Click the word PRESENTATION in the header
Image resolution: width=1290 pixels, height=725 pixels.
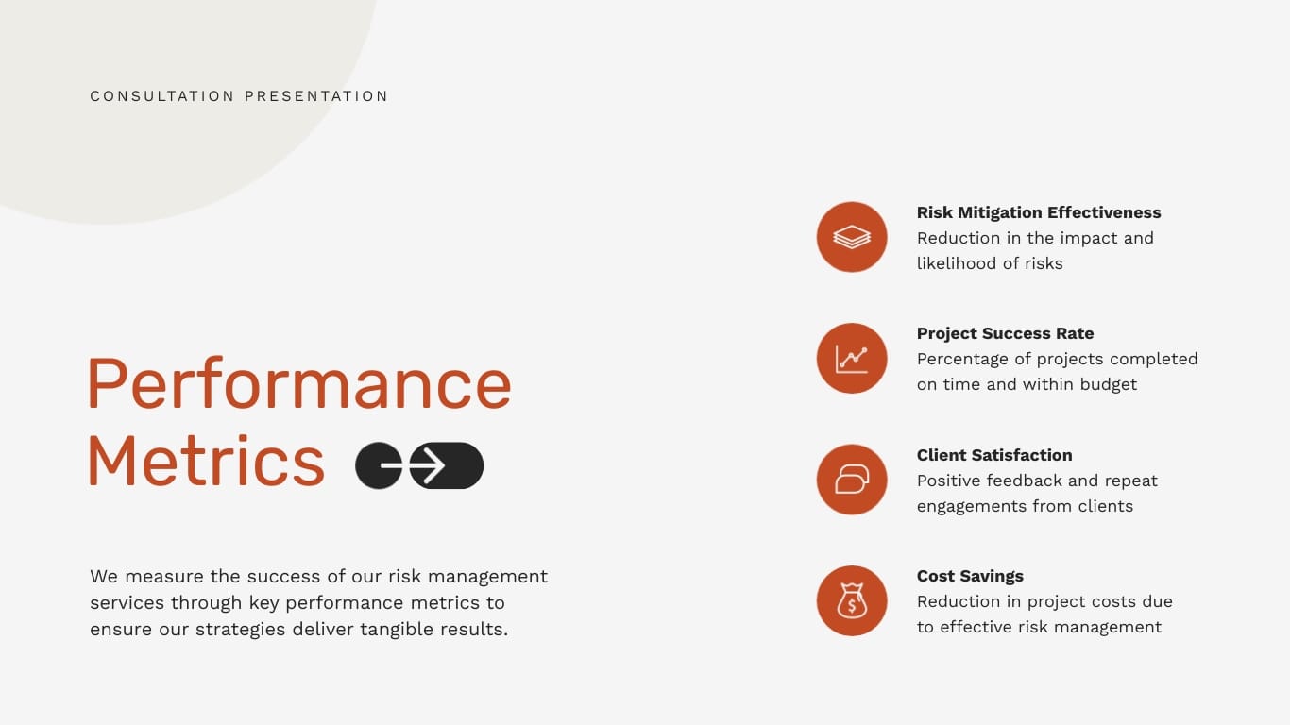(316, 96)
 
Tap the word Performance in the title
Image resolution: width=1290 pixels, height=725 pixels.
(298, 383)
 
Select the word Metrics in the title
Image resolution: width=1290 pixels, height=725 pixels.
(206, 461)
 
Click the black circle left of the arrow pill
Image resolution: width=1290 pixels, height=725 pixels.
(378, 465)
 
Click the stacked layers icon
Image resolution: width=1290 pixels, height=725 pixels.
(852, 237)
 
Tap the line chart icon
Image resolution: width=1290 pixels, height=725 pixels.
(852, 359)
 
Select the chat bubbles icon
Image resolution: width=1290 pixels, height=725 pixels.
(852, 480)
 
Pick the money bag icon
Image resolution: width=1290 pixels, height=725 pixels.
(852, 600)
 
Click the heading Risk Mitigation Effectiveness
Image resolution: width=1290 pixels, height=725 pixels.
(1039, 212)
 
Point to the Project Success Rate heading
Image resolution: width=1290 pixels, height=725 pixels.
(1005, 333)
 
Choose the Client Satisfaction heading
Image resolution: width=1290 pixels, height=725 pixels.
(994, 455)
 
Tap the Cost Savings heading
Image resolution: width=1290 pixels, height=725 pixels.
(970, 576)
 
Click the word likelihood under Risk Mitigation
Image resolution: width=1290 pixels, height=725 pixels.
(956, 263)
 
